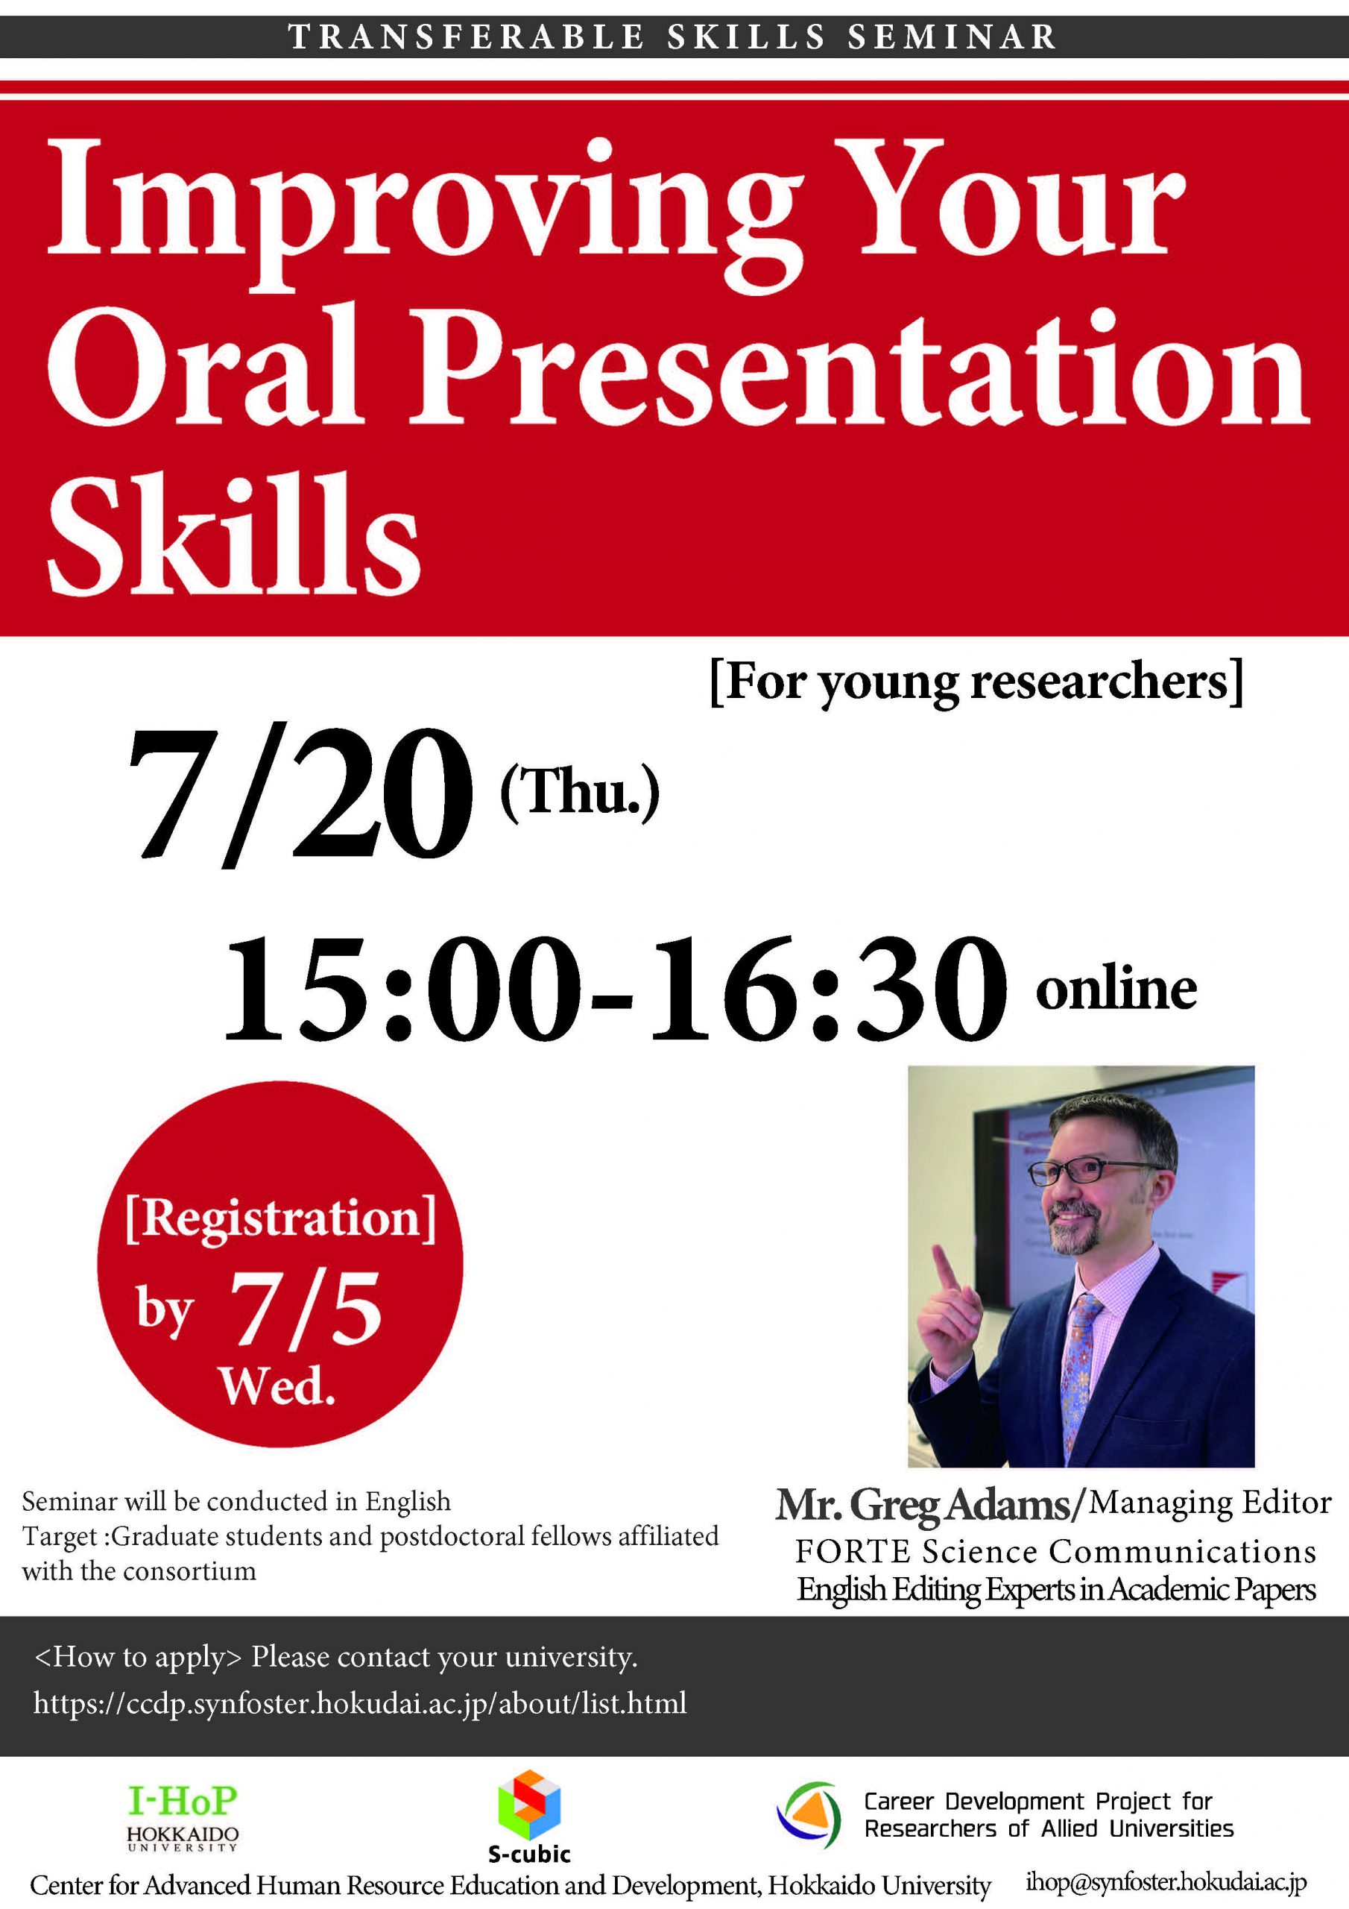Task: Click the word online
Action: coord(1116,989)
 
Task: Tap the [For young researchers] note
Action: coord(977,682)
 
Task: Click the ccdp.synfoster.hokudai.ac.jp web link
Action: coord(360,1702)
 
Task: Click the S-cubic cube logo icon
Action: coord(528,1805)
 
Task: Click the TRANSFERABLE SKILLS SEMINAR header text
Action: coord(672,37)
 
